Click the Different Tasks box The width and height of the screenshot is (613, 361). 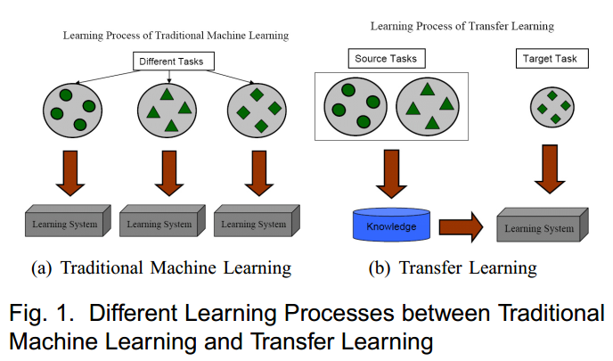pos(169,62)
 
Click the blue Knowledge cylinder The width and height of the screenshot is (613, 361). pos(391,226)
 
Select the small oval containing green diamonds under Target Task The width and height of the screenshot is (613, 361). pos(551,108)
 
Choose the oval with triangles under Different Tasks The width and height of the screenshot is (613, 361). pos(167,110)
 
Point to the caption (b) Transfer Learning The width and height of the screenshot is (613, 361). pos(456,267)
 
